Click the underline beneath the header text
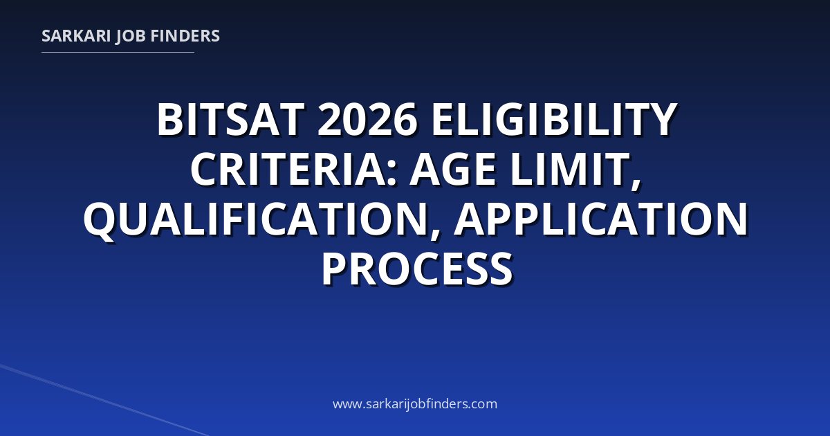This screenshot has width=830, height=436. click(x=118, y=53)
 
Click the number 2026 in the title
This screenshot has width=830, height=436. click(x=367, y=120)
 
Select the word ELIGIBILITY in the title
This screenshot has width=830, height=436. click(x=555, y=120)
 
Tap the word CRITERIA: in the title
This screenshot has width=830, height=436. click(x=294, y=170)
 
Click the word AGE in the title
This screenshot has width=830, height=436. click(x=453, y=170)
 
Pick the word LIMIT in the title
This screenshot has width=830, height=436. click(x=570, y=170)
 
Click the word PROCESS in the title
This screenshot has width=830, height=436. click(x=417, y=269)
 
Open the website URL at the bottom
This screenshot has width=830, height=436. click(x=415, y=403)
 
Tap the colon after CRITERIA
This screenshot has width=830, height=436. click(x=392, y=174)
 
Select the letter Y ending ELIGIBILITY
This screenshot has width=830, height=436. click(x=662, y=120)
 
